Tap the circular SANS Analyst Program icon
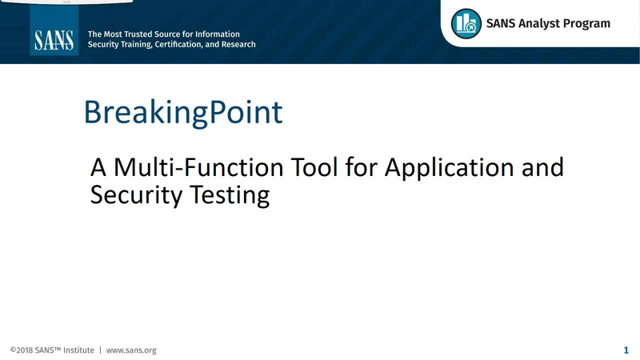coord(466,24)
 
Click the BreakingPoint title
coord(183,112)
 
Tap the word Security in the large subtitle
coord(133,195)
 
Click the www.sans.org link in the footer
coord(131,350)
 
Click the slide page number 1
coord(626,350)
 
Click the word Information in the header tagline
coord(215,34)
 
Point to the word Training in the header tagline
coord(138,45)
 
